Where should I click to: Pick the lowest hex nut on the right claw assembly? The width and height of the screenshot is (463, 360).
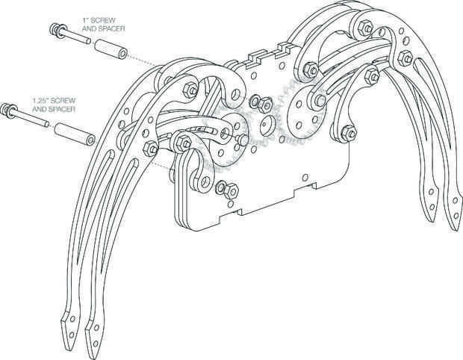(x=345, y=134)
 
